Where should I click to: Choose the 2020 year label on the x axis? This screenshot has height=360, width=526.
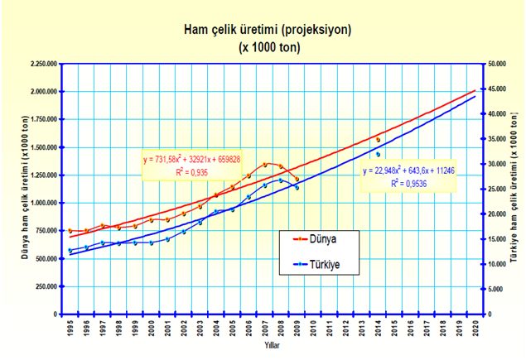point(475,328)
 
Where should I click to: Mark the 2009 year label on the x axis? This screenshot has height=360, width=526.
point(297,328)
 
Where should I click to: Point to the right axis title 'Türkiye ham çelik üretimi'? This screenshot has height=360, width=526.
point(514,190)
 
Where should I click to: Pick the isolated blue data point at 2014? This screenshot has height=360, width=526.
point(379,154)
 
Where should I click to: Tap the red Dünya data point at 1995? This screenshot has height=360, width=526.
point(70,231)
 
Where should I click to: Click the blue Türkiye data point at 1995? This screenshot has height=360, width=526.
point(70,250)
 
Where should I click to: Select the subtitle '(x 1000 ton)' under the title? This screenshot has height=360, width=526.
point(268,46)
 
